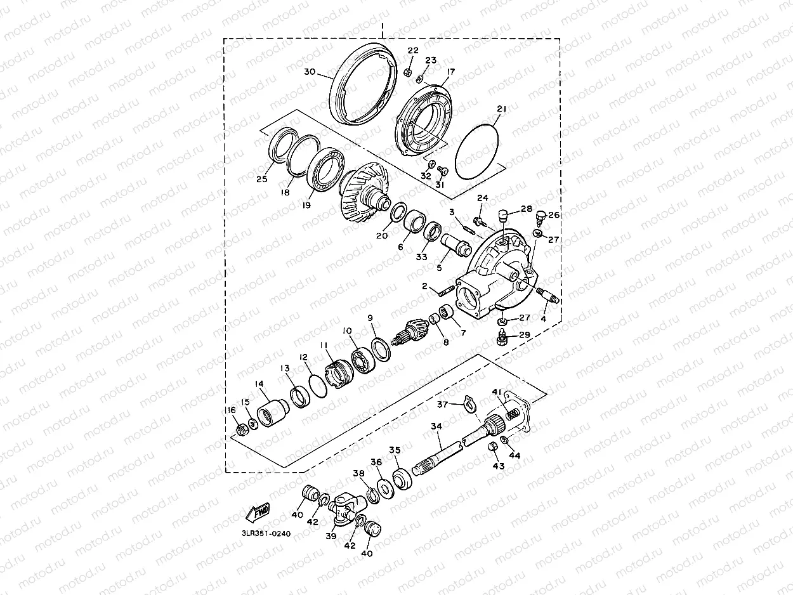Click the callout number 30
[310, 72]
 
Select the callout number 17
[450, 72]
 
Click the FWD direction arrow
[257, 513]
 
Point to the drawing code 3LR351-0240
[266, 533]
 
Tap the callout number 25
[261, 179]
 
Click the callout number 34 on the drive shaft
[436, 426]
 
